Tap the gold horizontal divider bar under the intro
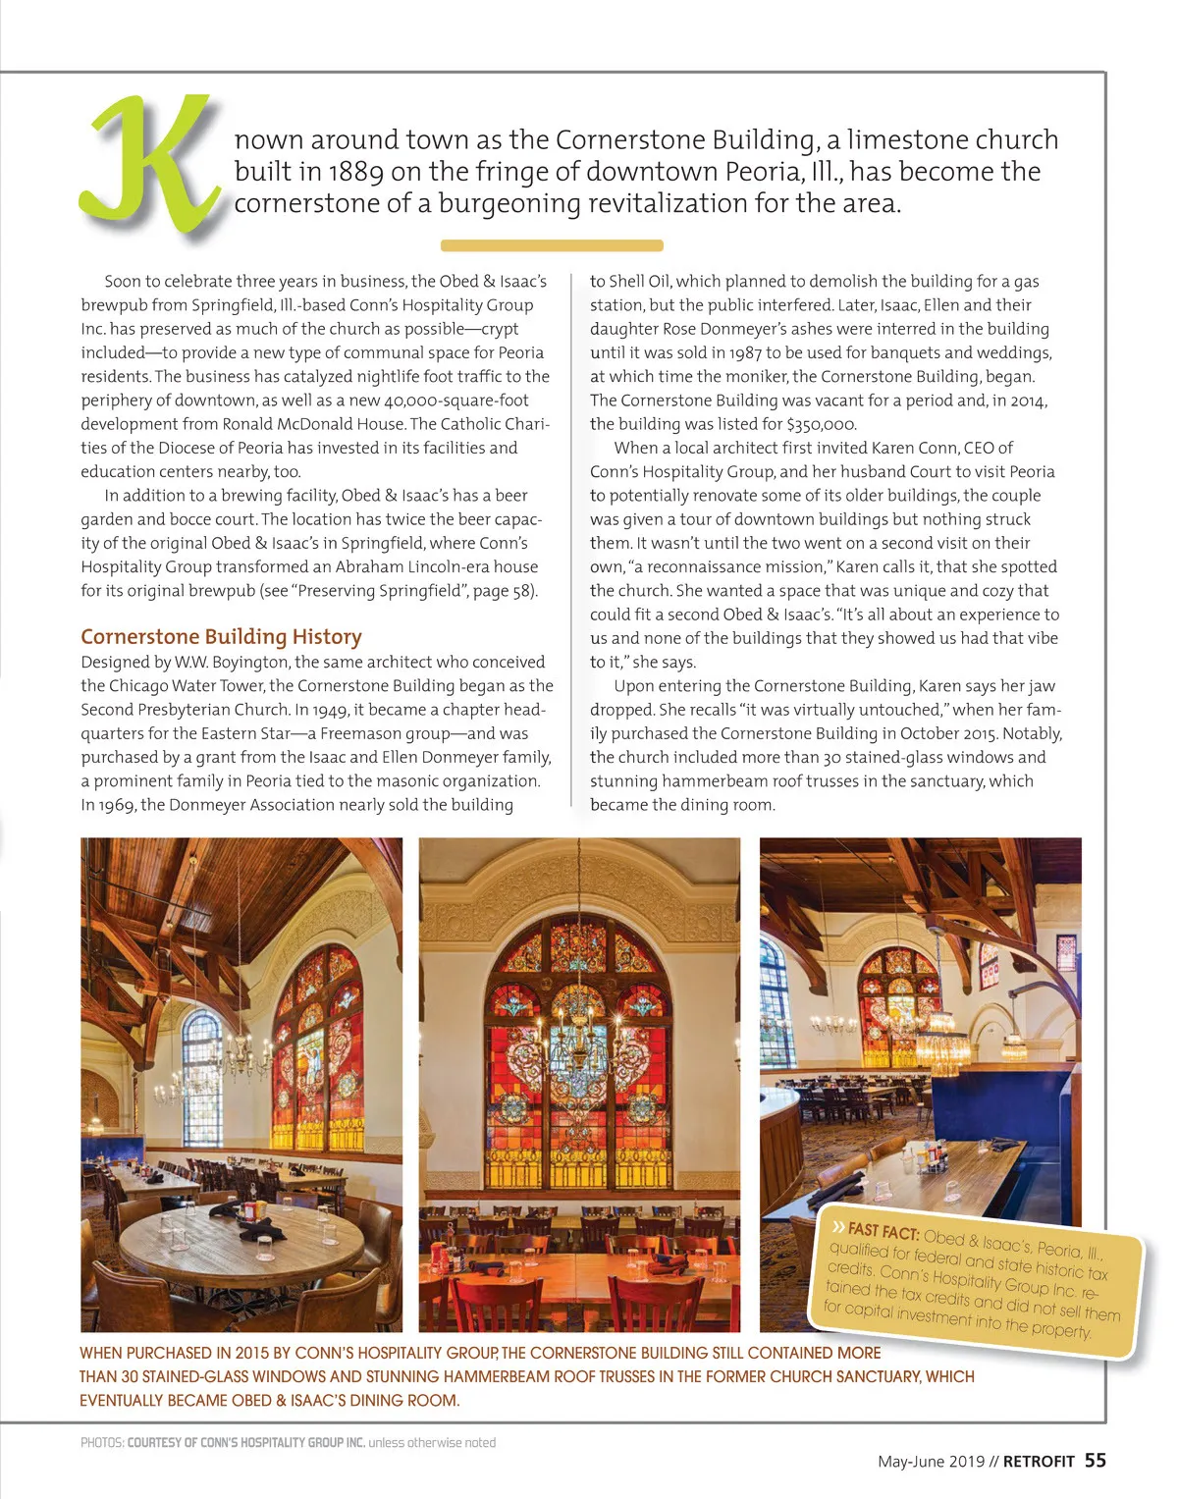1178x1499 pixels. [x=552, y=245]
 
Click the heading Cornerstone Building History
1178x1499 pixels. [x=221, y=636]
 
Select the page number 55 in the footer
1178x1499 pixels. [x=1095, y=1461]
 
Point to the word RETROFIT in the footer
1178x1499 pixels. [x=1039, y=1462]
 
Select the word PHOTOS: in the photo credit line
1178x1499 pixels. [x=102, y=1443]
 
